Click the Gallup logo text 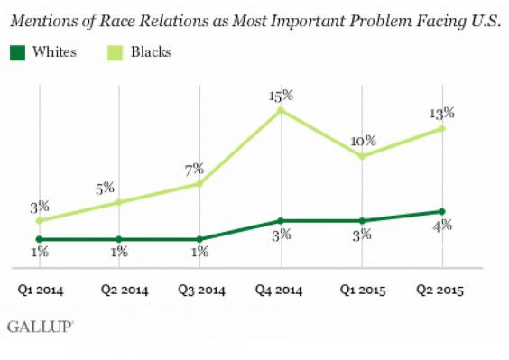(x=41, y=326)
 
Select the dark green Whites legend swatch (x=19, y=52)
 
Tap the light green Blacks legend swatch (x=109, y=52)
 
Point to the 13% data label (x=442, y=113)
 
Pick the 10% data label (x=361, y=141)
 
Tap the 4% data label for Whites (x=442, y=226)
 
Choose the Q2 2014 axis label (x=118, y=290)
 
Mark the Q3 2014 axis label (x=200, y=290)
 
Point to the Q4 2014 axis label (x=282, y=290)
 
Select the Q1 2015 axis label (x=362, y=290)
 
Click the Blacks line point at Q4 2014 (x=281, y=110)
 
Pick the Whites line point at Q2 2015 (x=443, y=211)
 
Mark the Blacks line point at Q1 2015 (x=362, y=157)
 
